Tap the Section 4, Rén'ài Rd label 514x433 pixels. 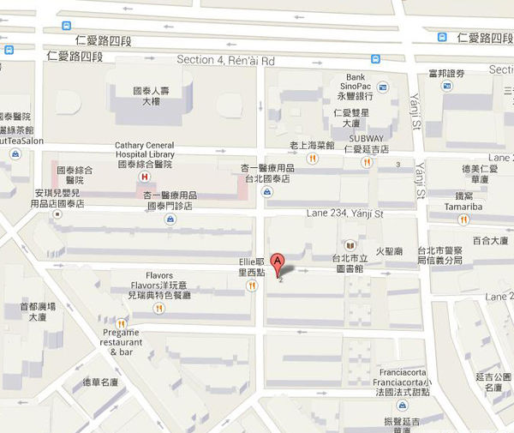(225, 60)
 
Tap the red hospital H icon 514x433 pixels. (144, 177)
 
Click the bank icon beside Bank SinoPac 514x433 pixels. (383, 87)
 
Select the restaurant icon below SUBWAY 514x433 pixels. (368, 163)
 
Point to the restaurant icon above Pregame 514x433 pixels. (122, 322)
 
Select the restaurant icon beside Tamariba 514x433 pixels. (463, 220)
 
